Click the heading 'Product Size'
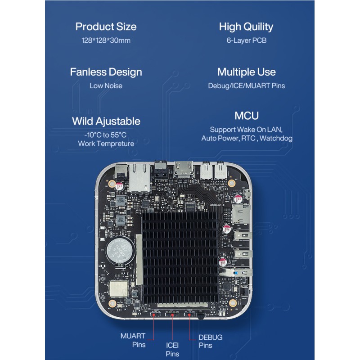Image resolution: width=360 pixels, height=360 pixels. pyautogui.click(x=106, y=27)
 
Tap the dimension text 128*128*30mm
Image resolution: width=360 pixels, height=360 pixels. pyautogui.click(x=106, y=40)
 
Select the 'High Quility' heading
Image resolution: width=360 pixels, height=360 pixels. pyautogui.click(x=246, y=27)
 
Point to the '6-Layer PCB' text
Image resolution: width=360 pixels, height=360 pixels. pyautogui.click(x=246, y=40)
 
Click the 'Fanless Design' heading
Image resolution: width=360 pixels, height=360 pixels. pyautogui.click(x=106, y=72)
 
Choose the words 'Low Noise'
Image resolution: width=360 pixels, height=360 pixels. pyautogui.click(x=106, y=85)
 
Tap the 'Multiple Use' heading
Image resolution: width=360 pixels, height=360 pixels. pyautogui.click(x=246, y=72)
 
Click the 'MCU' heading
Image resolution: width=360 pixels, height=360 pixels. pyautogui.click(x=246, y=116)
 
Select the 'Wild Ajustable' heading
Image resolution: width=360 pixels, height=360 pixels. pyautogui.click(x=106, y=121)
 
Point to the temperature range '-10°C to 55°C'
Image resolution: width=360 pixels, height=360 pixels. pyautogui.click(x=106, y=135)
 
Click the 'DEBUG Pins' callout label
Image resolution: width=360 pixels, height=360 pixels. pyautogui.click(x=211, y=341)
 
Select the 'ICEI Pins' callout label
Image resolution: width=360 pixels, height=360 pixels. pyautogui.click(x=172, y=350)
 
